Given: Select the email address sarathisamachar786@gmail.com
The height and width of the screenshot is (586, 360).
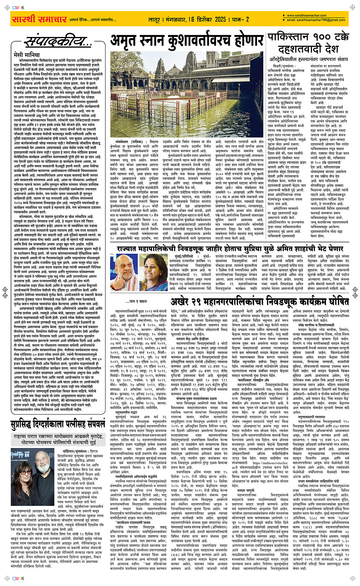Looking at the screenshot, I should tap(316, 20).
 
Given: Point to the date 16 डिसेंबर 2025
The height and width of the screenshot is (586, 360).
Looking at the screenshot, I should tap(207, 19).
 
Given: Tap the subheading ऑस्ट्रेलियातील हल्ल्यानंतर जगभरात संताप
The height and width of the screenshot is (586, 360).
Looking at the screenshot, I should tap(309, 59).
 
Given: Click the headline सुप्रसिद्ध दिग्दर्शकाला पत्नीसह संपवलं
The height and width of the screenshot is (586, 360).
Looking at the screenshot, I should tap(58, 424).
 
